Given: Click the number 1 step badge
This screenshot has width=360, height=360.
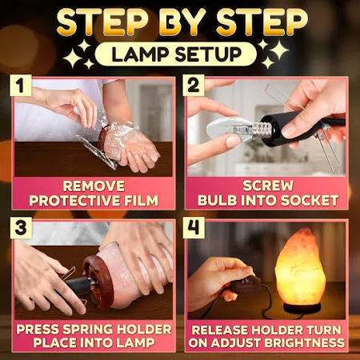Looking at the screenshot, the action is [21, 86].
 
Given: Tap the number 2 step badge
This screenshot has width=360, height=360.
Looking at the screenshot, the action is [194, 86].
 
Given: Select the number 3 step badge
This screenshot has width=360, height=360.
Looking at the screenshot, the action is [21, 228].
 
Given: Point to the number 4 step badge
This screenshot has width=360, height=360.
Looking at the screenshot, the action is [194, 228].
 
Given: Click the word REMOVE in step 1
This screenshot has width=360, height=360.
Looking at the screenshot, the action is [94, 186].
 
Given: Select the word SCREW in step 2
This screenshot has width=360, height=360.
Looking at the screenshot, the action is [268, 186].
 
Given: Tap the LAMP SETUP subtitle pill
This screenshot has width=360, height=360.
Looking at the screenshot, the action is [176, 54].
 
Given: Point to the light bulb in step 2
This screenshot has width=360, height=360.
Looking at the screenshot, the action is [229, 129].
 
